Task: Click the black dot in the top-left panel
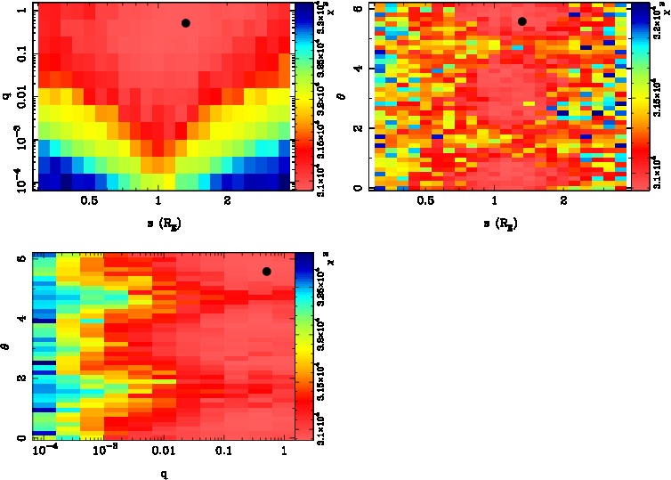coord(186,23)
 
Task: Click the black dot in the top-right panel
coord(522,21)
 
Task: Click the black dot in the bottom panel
coord(266,272)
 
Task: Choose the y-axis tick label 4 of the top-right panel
coord(362,68)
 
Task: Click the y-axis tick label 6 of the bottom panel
coord(22,259)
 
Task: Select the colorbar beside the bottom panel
coord(303,347)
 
